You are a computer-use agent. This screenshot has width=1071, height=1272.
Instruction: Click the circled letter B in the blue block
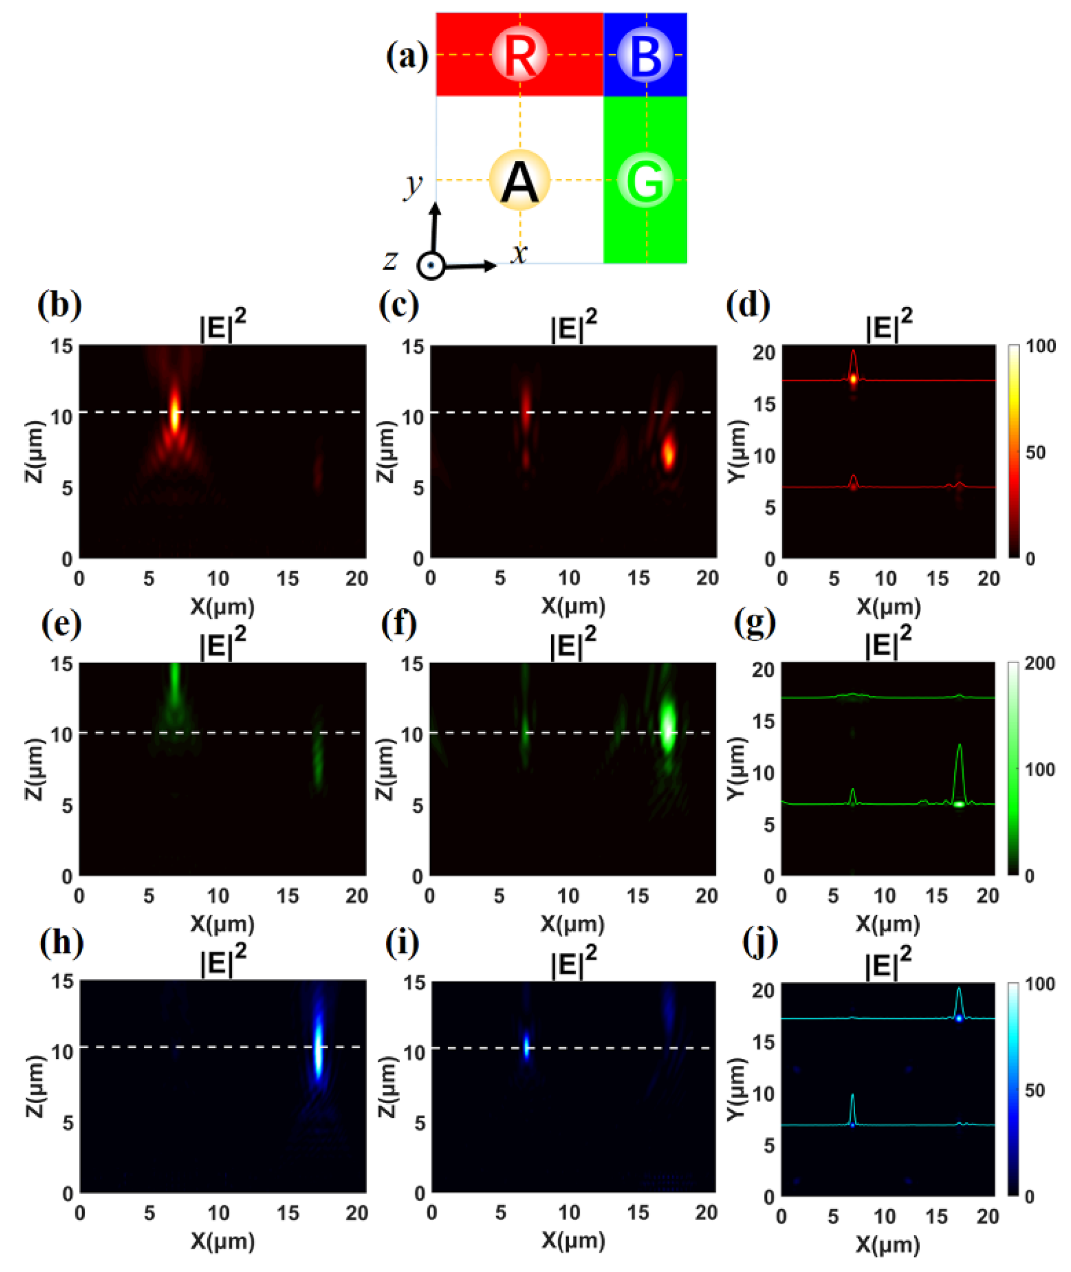(x=645, y=54)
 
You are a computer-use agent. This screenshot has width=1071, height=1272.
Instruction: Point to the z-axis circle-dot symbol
(x=431, y=266)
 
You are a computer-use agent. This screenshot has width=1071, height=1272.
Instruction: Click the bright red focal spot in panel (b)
(x=175, y=413)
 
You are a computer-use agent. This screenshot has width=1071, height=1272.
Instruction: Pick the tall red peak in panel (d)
(x=853, y=364)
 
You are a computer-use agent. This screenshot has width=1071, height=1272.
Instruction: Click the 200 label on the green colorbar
(x=1039, y=664)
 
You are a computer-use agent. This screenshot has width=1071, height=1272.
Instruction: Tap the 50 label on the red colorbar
(x=1035, y=452)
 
